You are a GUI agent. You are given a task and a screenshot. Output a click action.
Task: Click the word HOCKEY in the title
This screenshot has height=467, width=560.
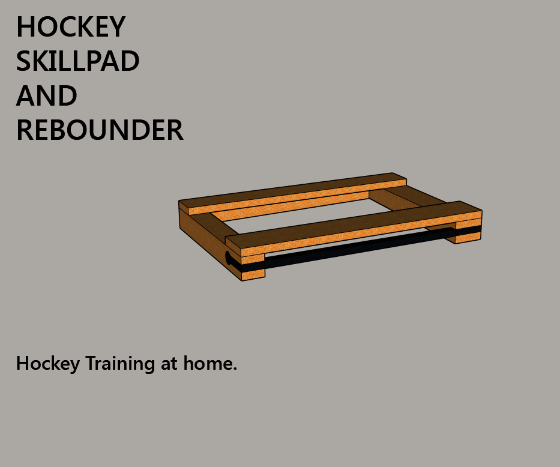coord(71,27)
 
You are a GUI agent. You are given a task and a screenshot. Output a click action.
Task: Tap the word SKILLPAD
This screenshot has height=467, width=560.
coord(77,61)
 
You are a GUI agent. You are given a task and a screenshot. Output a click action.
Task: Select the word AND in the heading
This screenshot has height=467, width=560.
coord(47,96)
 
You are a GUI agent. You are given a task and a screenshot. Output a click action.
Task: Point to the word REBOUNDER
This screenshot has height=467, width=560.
coord(100,130)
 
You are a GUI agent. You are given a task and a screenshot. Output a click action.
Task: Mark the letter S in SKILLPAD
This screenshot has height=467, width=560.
coord(24,61)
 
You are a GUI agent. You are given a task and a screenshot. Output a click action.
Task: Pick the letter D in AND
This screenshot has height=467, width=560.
coord(68,96)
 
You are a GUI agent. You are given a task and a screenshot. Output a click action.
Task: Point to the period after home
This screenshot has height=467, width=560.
coord(235,369)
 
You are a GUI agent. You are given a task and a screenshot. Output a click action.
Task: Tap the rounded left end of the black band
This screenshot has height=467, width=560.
coord(229,259)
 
